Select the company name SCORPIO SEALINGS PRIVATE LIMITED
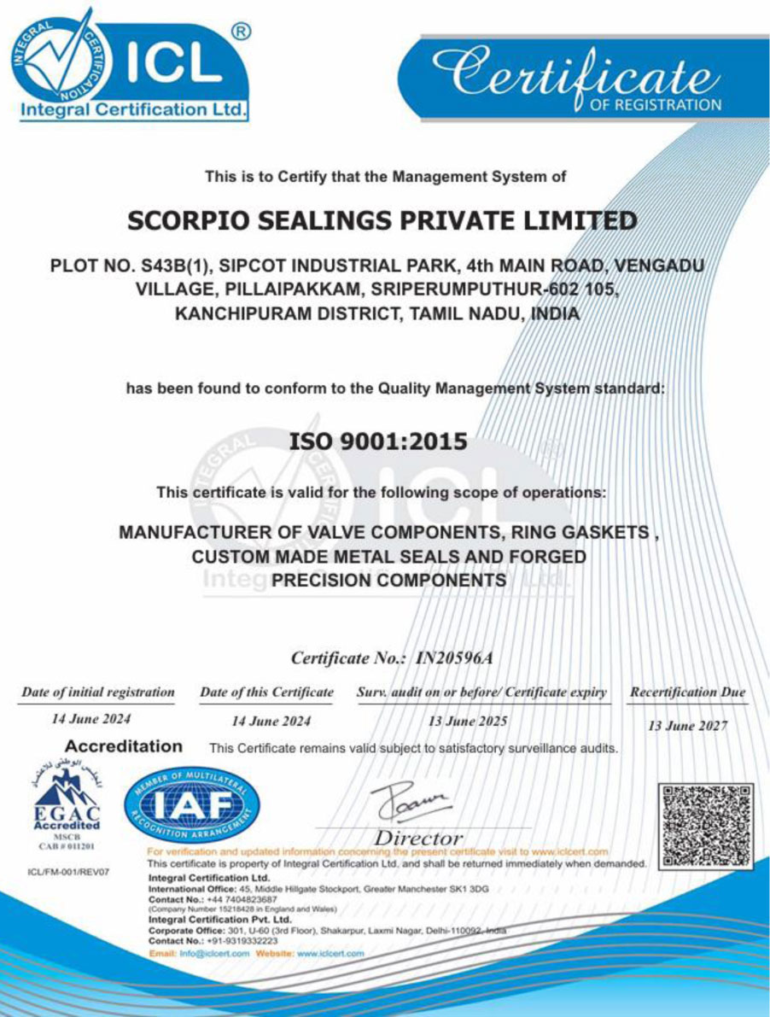click(382, 221)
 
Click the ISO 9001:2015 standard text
click(379, 441)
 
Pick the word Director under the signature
click(421, 838)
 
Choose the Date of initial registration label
click(98, 692)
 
